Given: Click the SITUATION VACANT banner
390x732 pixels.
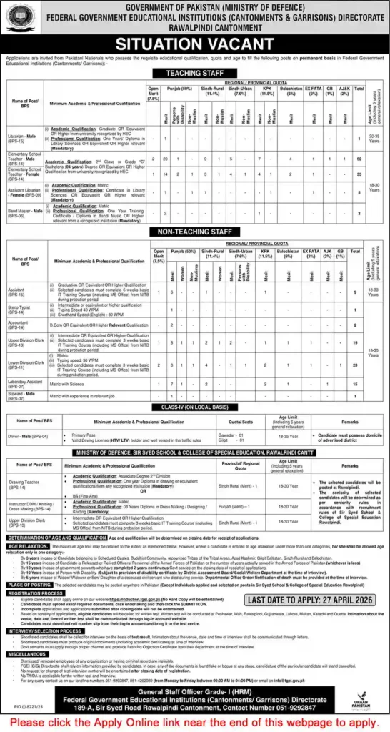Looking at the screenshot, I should coord(194,42).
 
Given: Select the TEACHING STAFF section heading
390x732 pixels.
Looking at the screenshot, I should coord(194,73).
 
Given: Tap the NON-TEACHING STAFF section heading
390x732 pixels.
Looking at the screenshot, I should coord(194,232).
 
